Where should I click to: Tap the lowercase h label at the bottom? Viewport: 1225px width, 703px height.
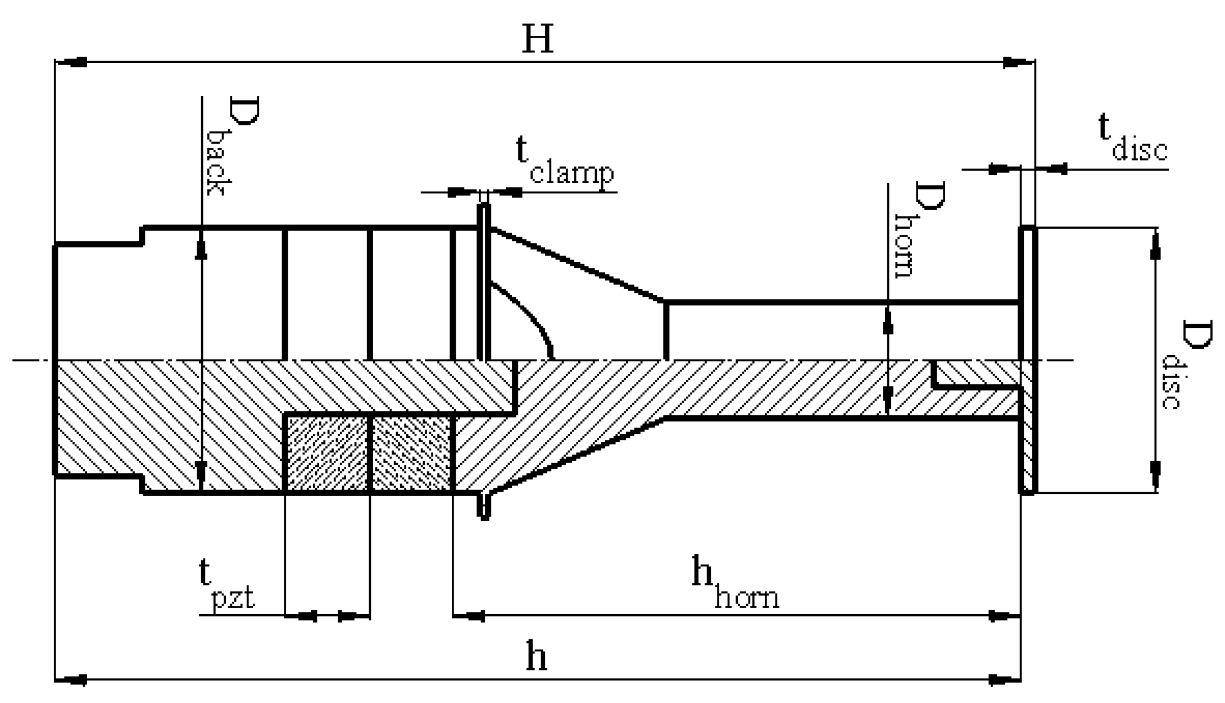pos(536,656)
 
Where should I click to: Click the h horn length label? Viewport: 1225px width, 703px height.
pos(734,584)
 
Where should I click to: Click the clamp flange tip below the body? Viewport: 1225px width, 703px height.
pos(484,509)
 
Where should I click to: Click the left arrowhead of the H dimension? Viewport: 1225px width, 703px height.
pos(73,62)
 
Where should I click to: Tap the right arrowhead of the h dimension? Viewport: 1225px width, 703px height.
pos(1003,680)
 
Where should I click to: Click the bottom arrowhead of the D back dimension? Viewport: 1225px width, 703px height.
pos(201,472)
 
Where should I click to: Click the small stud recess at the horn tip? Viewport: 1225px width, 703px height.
pos(975,374)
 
